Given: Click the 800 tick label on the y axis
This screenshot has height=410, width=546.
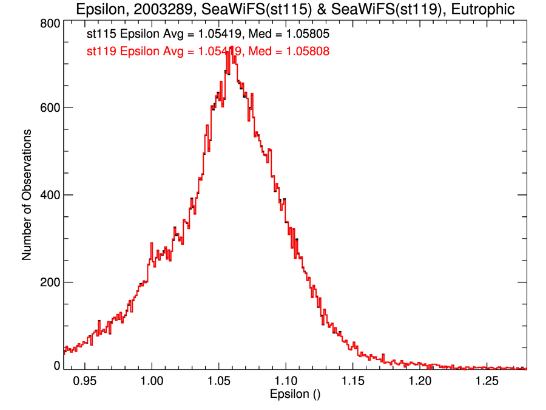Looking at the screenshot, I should pos(49,22).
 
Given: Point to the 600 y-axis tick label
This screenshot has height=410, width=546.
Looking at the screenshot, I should pos(49,108).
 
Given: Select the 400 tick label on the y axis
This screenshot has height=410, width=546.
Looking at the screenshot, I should pos(49,195).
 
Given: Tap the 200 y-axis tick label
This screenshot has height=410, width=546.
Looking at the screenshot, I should pos(49,282).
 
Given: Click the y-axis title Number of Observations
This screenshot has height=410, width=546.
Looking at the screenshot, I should pos(27,195).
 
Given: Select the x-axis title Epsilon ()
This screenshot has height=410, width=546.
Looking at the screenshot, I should pos(295,394).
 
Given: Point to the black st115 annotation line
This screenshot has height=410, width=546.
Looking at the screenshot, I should pos(208,36).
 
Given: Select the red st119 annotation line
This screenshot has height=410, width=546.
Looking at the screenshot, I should pos(208,52).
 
